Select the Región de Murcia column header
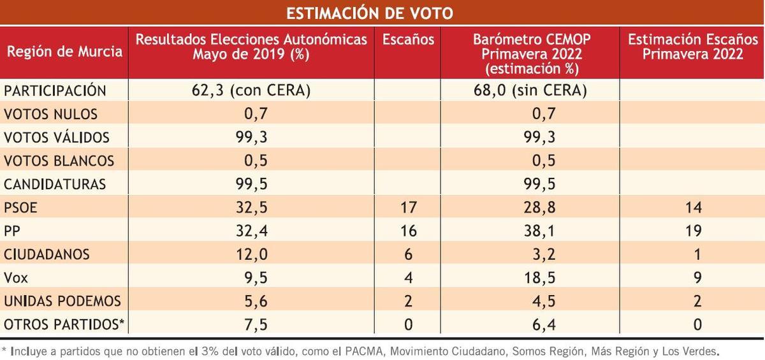[64, 52]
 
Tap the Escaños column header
[408, 40]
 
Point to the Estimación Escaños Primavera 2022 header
[692, 47]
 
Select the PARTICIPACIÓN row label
[55, 90]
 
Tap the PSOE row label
[22, 207]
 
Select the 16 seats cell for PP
[408, 230]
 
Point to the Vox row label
[17, 277]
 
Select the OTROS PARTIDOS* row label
[64, 324]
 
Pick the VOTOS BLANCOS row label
[59, 161]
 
